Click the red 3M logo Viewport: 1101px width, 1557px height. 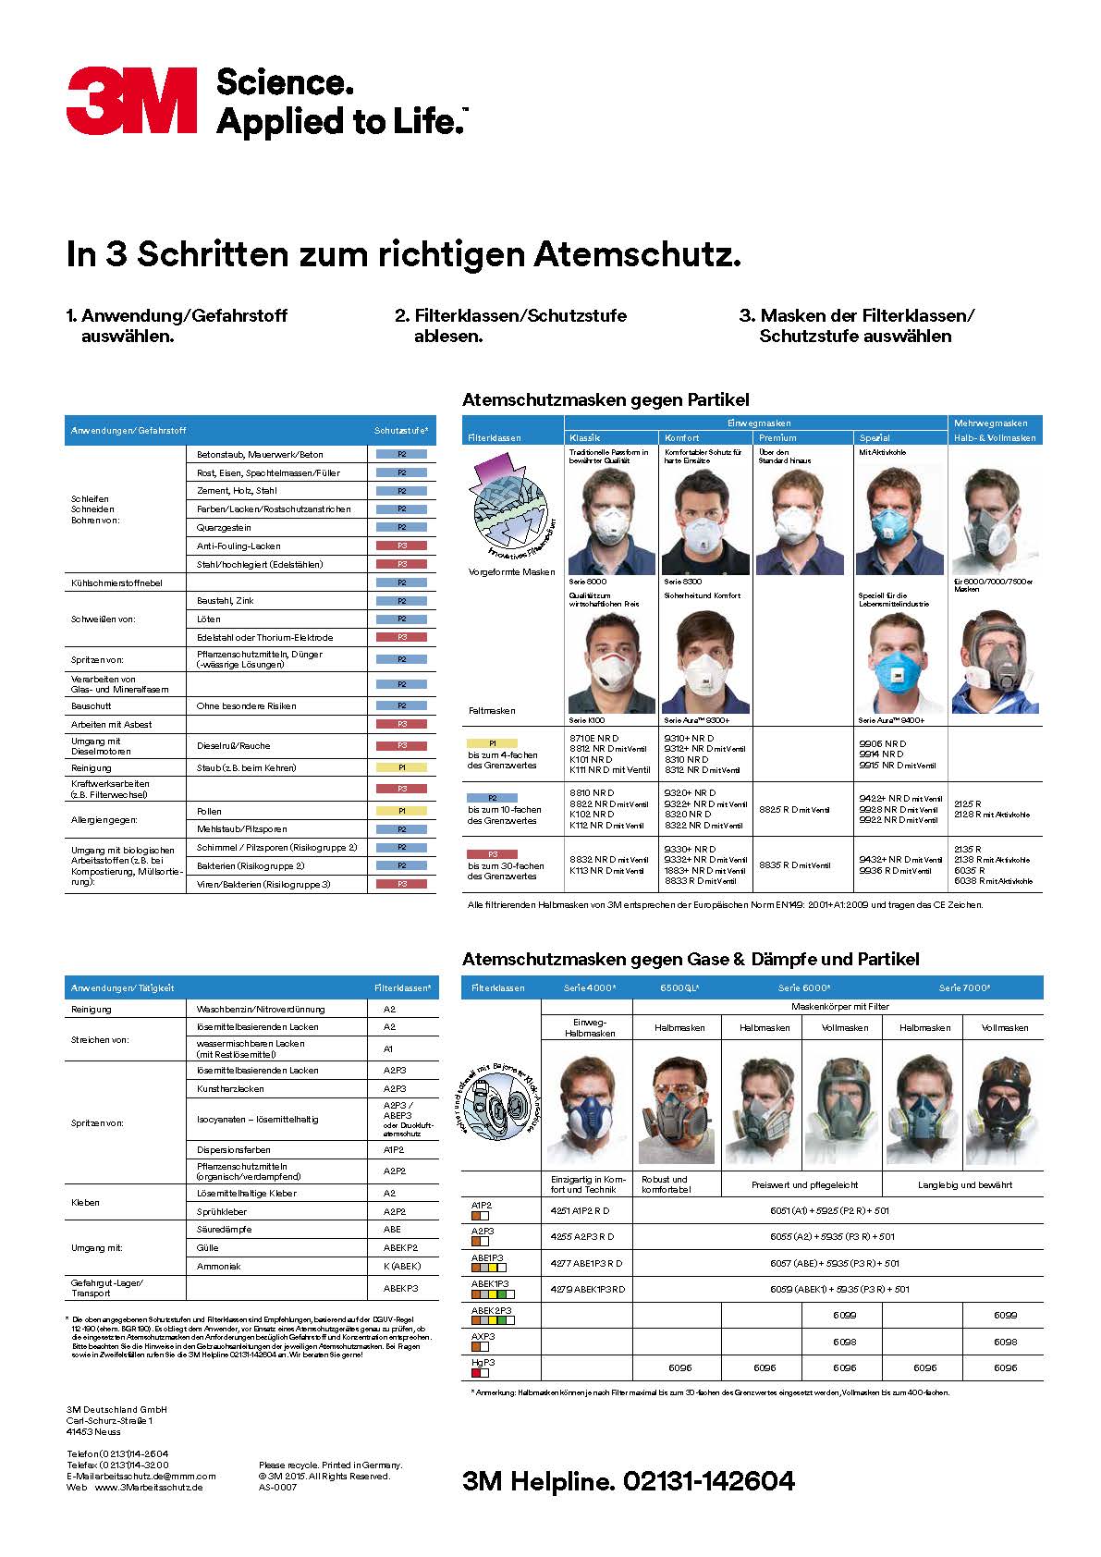[131, 100]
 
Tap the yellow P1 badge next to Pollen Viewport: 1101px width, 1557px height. [402, 811]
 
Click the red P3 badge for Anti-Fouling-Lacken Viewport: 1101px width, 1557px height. [402, 546]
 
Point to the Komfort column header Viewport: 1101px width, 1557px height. [682, 437]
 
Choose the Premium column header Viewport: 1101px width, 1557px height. [777, 437]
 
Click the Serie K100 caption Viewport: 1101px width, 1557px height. [587, 720]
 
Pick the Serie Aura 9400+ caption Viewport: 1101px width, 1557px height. [890, 720]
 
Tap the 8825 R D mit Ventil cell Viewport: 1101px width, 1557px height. [793, 810]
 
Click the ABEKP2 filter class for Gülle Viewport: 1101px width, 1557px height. [400, 1247]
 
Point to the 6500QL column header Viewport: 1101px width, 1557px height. [679, 987]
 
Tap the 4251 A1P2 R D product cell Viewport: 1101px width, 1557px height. [580, 1210]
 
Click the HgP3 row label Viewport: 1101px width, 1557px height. [483, 1362]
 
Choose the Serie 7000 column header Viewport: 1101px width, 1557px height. [964, 987]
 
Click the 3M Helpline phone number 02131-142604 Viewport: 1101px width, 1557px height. [709, 1480]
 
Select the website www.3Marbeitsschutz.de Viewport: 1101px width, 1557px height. [148, 1487]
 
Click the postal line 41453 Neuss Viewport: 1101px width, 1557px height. [93, 1431]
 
